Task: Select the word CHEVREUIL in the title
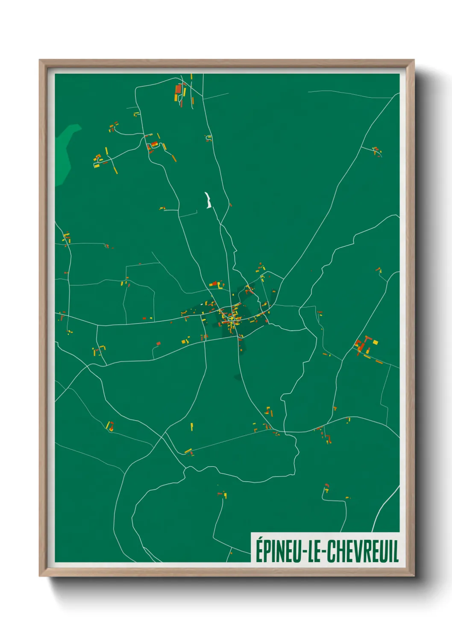[363, 551]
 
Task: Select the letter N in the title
[279, 551]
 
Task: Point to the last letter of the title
[396, 551]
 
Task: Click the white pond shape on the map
[208, 200]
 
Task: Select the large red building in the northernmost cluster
[178, 89]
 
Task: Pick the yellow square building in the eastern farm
[376, 342]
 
